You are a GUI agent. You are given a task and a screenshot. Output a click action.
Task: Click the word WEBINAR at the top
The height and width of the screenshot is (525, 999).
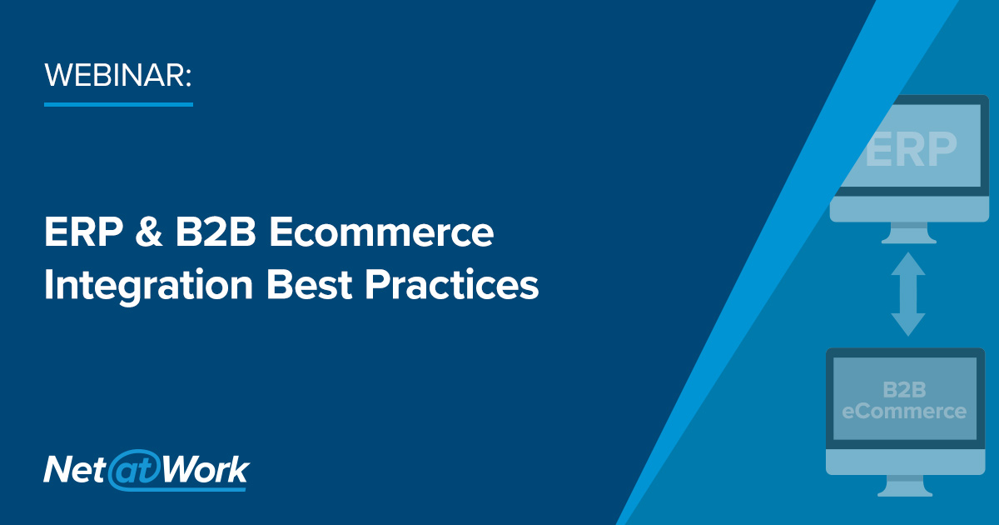click(117, 75)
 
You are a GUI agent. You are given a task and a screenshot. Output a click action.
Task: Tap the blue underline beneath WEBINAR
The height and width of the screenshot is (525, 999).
click(118, 104)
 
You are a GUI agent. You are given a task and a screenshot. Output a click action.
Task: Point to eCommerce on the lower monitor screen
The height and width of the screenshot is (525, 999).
click(903, 411)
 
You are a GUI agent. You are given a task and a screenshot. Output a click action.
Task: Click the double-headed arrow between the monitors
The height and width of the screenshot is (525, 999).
click(908, 294)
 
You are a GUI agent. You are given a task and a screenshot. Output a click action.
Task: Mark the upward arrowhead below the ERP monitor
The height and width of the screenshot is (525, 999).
click(908, 265)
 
